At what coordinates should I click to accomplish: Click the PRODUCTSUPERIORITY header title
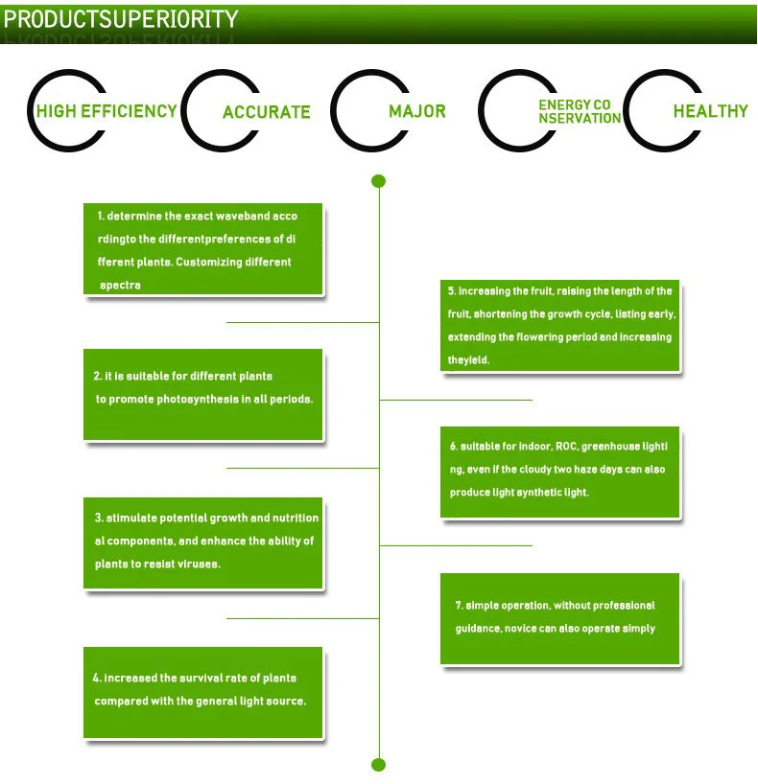click(x=121, y=19)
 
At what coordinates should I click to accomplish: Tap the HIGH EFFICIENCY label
click(x=107, y=111)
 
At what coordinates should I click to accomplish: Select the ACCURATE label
click(x=267, y=112)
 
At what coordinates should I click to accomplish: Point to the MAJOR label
click(x=417, y=111)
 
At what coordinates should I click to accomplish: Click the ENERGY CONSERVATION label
click(x=580, y=111)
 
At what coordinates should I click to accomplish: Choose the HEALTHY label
click(x=710, y=111)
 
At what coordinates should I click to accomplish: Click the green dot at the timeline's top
click(x=378, y=181)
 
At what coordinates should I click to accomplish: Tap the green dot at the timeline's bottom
click(x=378, y=765)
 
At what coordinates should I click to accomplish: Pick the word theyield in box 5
click(x=468, y=360)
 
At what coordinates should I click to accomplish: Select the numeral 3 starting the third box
click(x=99, y=518)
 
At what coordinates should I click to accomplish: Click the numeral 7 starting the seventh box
click(x=459, y=606)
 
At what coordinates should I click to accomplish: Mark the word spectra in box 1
click(x=120, y=286)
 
